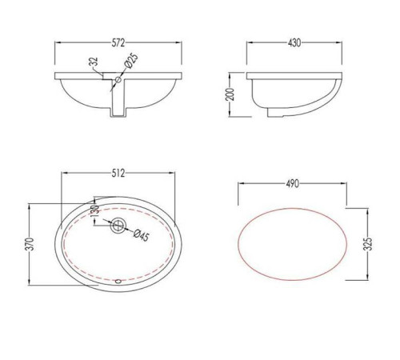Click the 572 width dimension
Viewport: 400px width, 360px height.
point(118,42)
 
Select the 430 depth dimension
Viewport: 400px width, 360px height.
point(294,42)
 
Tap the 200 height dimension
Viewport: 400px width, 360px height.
point(230,94)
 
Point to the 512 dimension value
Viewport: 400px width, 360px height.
point(118,174)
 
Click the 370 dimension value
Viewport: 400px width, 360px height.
point(31,244)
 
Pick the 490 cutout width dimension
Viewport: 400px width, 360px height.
point(293,183)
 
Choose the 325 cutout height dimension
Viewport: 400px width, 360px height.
point(368,244)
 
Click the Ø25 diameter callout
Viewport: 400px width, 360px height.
point(131,62)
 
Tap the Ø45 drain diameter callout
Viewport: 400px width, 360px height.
point(142,235)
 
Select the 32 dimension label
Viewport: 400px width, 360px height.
point(94,62)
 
